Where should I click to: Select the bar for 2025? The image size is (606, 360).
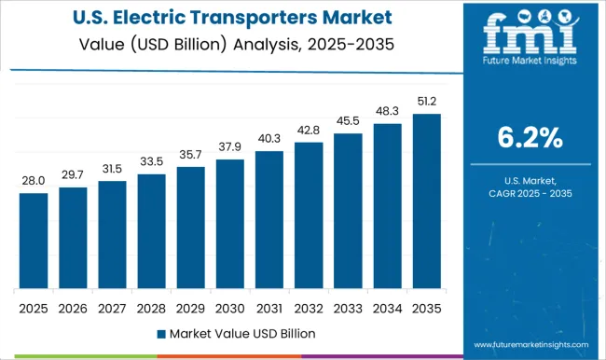tap(34, 240)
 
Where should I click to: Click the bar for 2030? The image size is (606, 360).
tap(229, 223)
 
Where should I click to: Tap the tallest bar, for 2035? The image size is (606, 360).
tap(426, 201)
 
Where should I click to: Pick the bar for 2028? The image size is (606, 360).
tap(151, 230)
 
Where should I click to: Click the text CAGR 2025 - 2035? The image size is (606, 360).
tap(529, 193)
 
